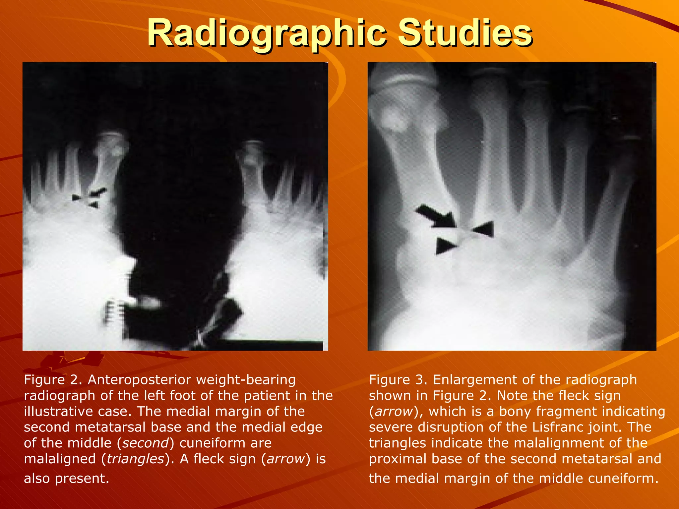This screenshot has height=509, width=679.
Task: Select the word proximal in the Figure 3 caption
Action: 397,459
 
